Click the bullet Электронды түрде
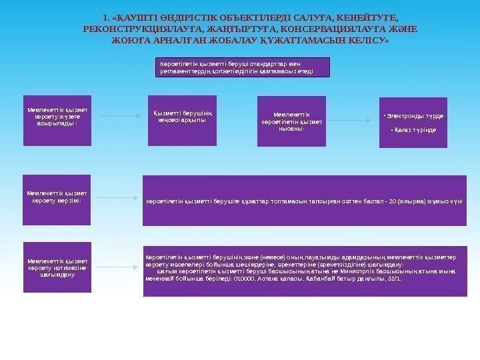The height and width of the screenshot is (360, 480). tap(413, 115)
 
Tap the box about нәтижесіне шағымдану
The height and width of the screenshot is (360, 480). tap(57, 268)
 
